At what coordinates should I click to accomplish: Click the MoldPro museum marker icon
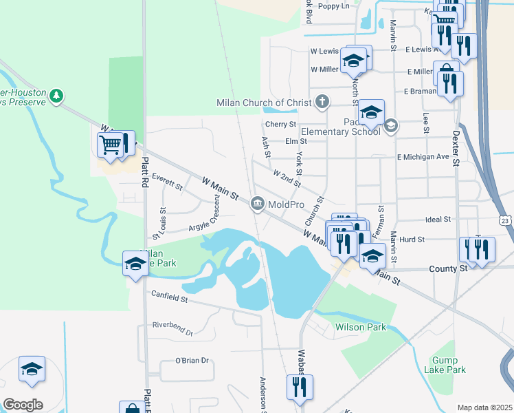[x=258, y=202]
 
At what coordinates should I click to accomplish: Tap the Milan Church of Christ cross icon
[x=321, y=103]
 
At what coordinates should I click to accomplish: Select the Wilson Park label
[x=360, y=328]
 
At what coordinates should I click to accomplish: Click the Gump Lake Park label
[x=449, y=365]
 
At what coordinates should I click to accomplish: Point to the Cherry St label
[x=280, y=125]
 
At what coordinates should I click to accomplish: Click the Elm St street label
[x=295, y=141]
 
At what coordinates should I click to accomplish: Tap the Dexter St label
[x=455, y=148]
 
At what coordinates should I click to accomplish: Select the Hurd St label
[x=412, y=239]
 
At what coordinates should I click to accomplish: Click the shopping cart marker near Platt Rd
[x=111, y=145]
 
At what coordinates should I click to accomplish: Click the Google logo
[x=23, y=405]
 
